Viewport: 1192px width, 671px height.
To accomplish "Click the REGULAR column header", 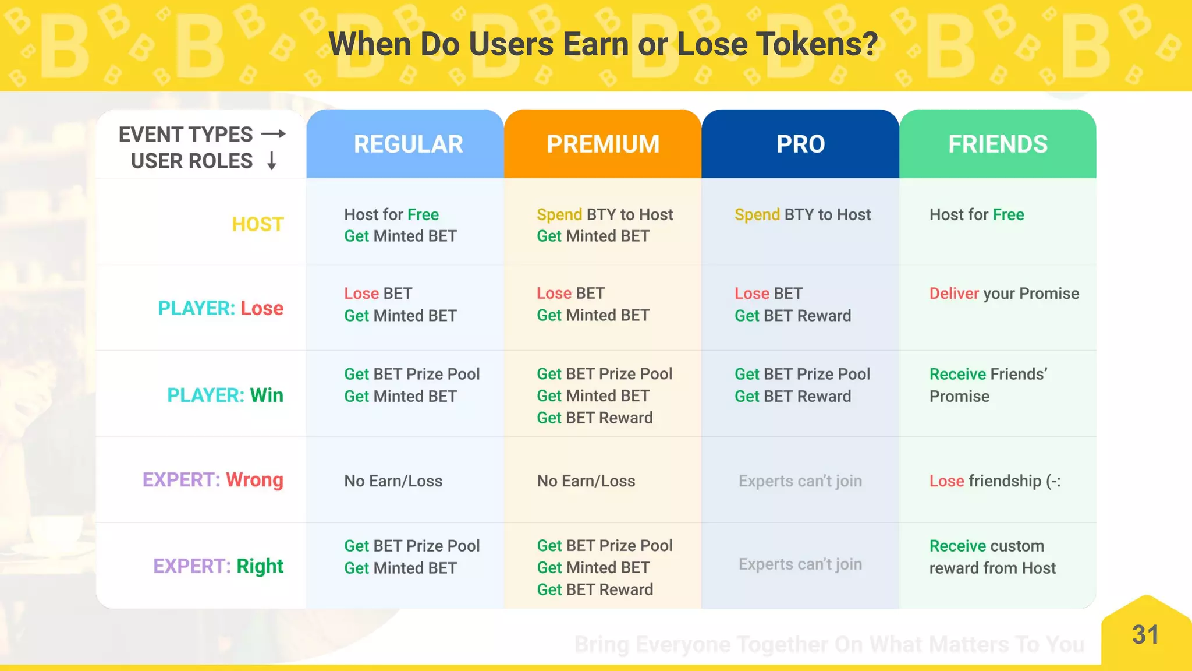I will (x=408, y=144).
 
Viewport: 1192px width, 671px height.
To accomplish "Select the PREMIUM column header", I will (x=602, y=144).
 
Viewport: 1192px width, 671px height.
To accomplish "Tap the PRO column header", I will (x=800, y=144).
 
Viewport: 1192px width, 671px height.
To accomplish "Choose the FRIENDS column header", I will (x=998, y=144).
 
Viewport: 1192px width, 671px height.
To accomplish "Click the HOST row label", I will (x=257, y=224).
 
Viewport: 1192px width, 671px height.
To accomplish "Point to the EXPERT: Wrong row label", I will (x=213, y=480).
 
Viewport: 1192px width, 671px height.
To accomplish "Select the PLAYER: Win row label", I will (x=225, y=395).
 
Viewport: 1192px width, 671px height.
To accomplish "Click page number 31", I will (x=1145, y=635).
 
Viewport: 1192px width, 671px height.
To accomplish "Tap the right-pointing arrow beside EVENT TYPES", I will (x=274, y=134).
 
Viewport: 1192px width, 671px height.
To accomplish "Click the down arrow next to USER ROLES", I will (x=271, y=161).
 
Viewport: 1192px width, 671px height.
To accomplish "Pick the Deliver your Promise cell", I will (x=1004, y=294).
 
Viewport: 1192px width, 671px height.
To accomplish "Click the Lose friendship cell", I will (x=995, y=481).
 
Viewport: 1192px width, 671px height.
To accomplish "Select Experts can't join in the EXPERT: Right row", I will (x=800, y=564).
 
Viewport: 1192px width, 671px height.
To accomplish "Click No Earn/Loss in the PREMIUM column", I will (x=586, y=481).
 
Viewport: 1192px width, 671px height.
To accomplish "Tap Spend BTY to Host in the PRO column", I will (x=803, y=215).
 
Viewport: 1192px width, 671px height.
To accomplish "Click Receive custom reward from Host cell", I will (x=992, y=557).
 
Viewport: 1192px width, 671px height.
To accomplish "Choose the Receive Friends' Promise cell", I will (x=988, y=385).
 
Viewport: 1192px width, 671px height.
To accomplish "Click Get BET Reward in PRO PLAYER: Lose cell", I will (x=793, y=316).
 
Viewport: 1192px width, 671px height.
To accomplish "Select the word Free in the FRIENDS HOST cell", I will (x=1008, y=215).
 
